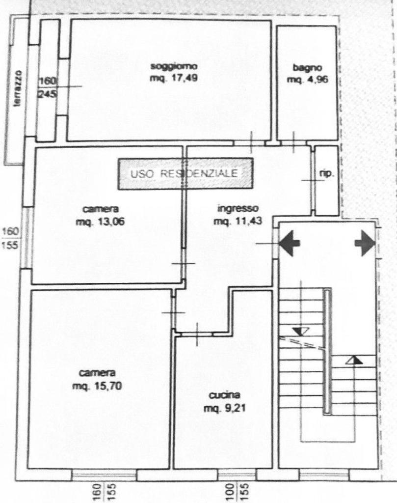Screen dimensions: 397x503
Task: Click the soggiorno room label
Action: coord(174,66)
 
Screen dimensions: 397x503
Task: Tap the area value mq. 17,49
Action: coord(174,78)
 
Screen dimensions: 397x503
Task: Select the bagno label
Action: coord(307,68)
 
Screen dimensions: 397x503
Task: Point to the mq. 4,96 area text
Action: coord(307,80)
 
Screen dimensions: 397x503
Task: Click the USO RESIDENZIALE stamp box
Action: coord(185,173)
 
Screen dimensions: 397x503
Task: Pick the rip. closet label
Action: coord(326,173)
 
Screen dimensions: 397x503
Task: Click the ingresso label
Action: coord(238,208)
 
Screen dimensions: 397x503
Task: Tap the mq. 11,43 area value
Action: coord(238,221)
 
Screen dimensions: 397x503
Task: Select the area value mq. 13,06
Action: coord(100,222)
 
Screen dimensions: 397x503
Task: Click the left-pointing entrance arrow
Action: coord(290,244)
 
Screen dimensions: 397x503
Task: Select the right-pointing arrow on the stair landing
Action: coord(365,243)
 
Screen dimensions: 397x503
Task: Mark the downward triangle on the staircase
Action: coord(300,332)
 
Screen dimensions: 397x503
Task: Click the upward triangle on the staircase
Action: coord(354,360)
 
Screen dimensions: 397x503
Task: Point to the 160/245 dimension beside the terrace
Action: coord(48,87)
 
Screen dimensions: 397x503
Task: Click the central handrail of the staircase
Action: coord(327,351)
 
